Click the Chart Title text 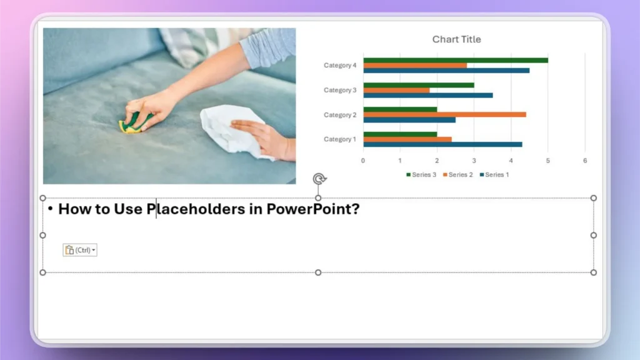(x=456, y=39)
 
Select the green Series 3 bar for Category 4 (x=455, y=60)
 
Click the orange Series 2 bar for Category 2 (x=444, y=114)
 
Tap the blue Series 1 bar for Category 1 (x=442, y=144)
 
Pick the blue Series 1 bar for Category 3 (x=427, y=95)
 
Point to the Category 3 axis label (x=340, y=90)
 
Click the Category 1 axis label (x=340, y=139)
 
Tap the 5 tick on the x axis (x=548, y=161)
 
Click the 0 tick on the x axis (x=363, y=161)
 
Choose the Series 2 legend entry (x=459, y=175)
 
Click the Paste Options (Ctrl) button (x=79, y=250)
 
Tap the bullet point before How (x=50, y=208)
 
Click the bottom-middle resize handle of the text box (x=318, y=272)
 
